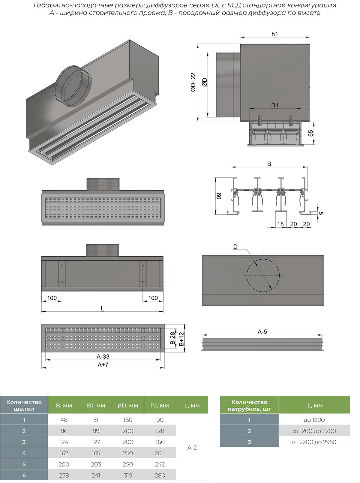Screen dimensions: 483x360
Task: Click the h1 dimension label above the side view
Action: pyautogui.click(x=274, y=34)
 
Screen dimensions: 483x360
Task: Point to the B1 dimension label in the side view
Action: pyautogui.click(x=274, y=105)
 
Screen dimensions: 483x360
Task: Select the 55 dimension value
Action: pyautogui.click(x=311, y=133)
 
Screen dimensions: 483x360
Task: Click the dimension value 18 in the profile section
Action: pyautogui.click(x=280, y=224)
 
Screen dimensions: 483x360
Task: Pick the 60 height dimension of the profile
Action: pyautogui.click(x=219, y=196)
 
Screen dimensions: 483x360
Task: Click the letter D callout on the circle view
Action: pyautogui.click(x=235, y=247)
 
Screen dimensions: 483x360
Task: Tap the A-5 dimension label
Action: pyautogui.click(x=262, y=332)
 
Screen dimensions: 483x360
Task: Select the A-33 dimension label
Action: pyautogui.click(x=103, y=357)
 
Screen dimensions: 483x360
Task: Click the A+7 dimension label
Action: pyautogui.click(x=103, y=365)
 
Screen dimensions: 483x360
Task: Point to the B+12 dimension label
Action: pyautogui.click(x=181, y=339)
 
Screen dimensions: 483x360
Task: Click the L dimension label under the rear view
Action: pyautogui.click(x=102, y=308)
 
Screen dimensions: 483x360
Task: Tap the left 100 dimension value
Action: pyautogui.click(x=52, y=298)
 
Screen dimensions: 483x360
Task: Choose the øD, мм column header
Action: pyautogui.click(x=128, y=406)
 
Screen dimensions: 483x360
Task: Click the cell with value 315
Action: pyautogui.click(x=128, y=475)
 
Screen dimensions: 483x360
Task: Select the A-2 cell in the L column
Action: pyautogui.click(x=192, y=448)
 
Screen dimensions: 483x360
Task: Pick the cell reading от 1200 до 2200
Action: pyautogui.click(x=314, y=431)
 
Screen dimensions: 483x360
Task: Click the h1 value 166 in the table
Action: pyautogui.click(x=160, y=442)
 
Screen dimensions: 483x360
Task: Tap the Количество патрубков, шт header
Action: pyautogui.click(x=249, y=405)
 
